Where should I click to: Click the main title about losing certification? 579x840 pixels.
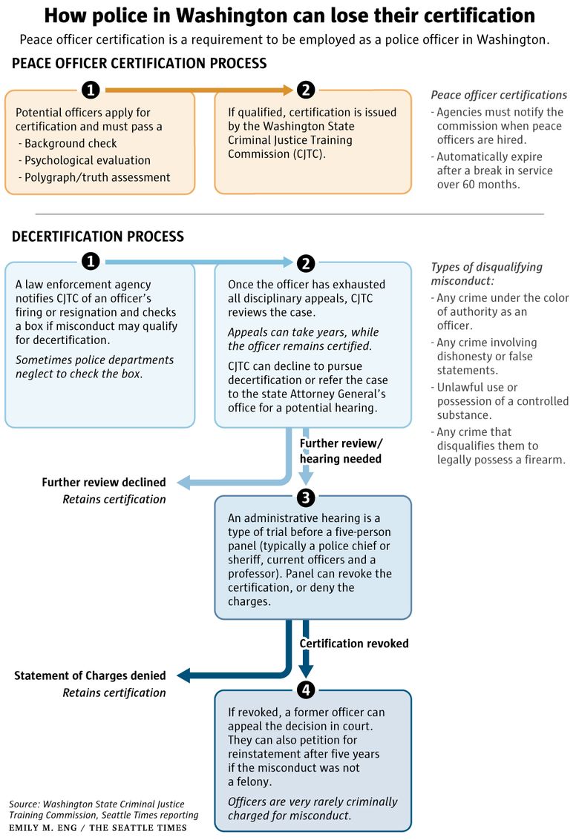click(x=289, y=16)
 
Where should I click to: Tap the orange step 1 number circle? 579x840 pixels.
click(x=91, y=90)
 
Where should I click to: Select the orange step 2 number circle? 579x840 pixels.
click(x=306, y=90)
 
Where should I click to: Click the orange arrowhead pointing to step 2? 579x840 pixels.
click(x=288, y=90)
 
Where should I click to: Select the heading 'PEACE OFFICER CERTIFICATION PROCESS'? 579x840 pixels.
click(x=139, y=63)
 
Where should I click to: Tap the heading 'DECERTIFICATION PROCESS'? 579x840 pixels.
click(x=98, y=237)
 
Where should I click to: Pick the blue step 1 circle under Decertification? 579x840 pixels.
click(x=91, y=262)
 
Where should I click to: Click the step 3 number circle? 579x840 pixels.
click(x=306, y=497)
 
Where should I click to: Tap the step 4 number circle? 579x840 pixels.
click(x=306, y=689)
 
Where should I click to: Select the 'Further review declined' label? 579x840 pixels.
click(x=104, y=482)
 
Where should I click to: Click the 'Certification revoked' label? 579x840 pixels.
click(x=354, y=644)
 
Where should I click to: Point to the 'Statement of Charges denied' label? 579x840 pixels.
click(x=90, y=675)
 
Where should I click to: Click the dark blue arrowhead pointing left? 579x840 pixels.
click(x=183, y=675)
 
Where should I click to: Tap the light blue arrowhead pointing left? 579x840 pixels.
click(x=183, y=482)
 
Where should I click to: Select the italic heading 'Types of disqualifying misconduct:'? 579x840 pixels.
click(x=487, y=274)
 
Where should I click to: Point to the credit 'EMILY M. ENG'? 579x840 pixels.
click(x=43, y=827)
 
